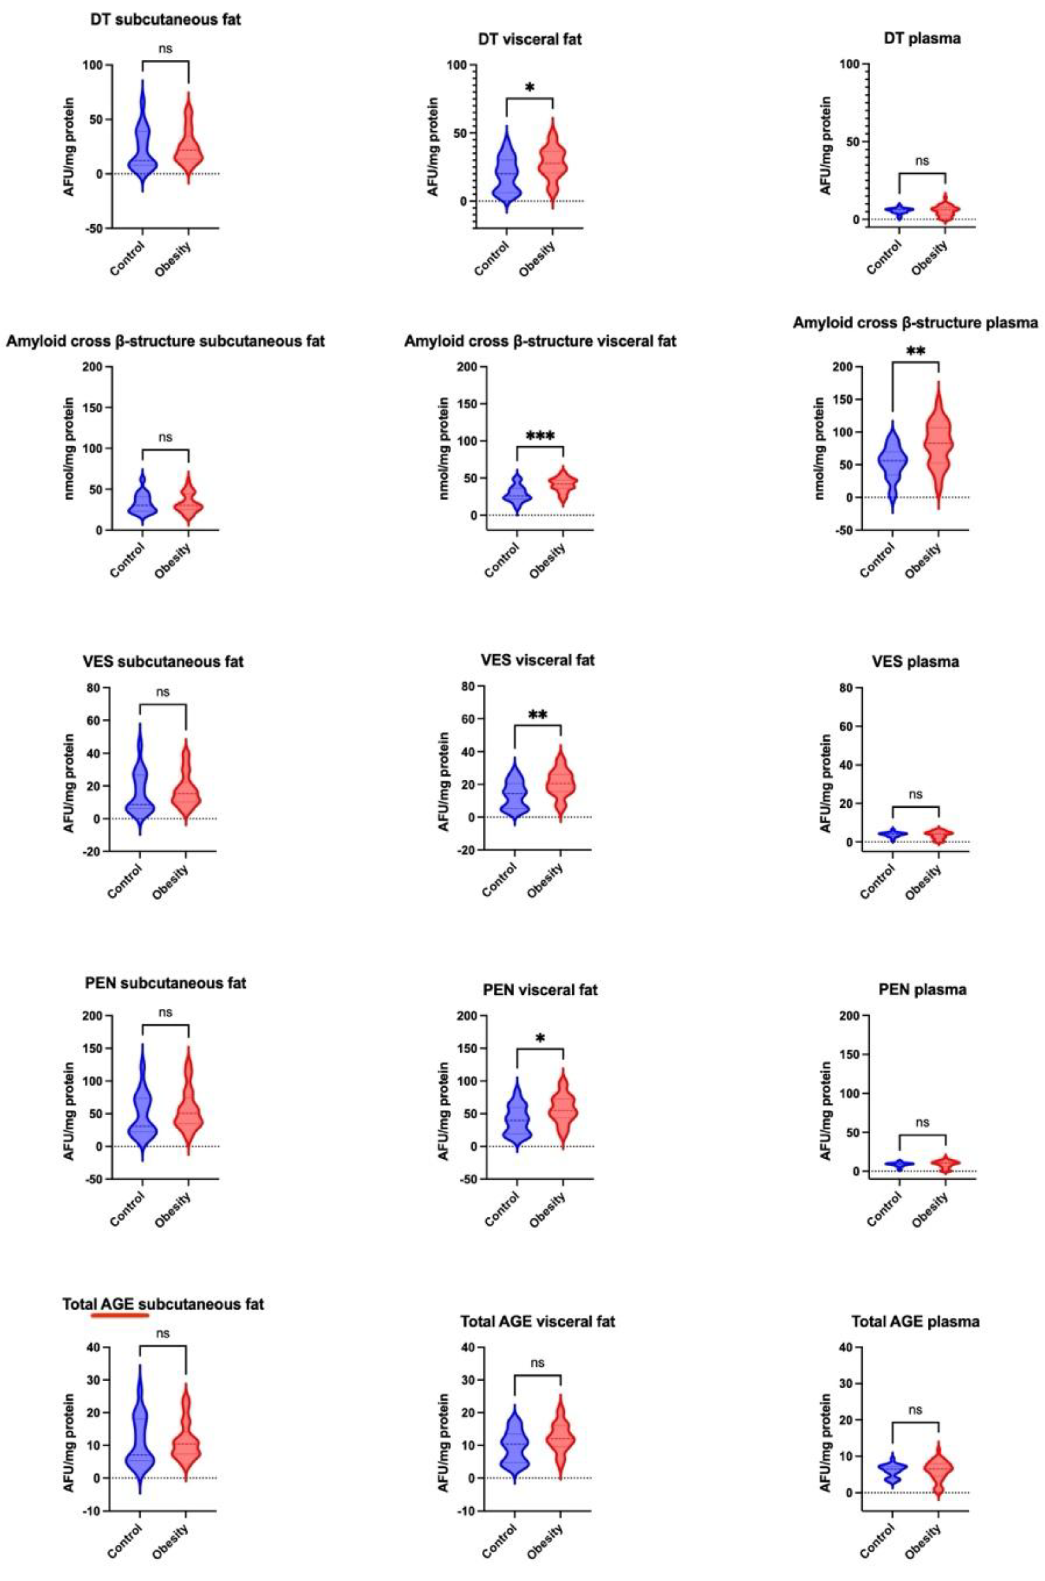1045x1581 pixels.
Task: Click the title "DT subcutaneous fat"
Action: point(165,19)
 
